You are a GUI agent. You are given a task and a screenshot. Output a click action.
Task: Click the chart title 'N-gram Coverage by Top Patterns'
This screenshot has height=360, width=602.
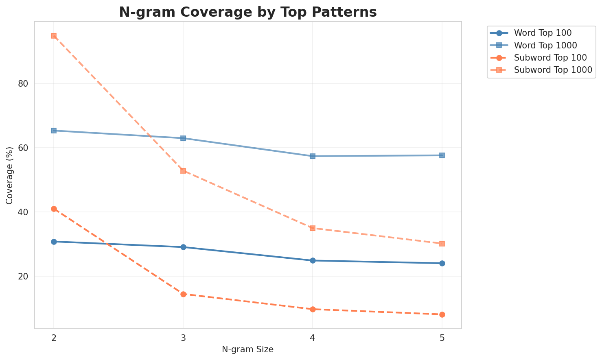tap(247, 12)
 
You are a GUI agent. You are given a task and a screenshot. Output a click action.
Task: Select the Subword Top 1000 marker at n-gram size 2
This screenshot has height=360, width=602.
tap(54, 36)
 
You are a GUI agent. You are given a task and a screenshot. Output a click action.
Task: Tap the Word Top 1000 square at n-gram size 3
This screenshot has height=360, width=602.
tap(183, 138)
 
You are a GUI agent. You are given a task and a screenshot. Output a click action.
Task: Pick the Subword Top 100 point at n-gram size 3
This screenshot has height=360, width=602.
tap(183, 294)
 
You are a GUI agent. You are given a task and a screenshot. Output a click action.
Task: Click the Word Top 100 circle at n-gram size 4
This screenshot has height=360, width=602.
tap(313, 260)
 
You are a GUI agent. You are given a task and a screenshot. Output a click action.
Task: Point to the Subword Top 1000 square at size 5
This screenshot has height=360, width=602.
tap(442, 244)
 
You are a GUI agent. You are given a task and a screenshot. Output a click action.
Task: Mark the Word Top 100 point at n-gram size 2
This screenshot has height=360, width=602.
tap(54, 242)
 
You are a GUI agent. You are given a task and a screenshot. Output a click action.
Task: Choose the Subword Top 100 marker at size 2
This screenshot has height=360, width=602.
tap(54, 209)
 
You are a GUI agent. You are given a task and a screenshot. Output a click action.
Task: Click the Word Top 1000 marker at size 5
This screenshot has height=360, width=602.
tap(442, 155)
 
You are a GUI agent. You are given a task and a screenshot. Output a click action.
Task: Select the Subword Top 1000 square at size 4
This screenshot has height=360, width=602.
tap(313, 228)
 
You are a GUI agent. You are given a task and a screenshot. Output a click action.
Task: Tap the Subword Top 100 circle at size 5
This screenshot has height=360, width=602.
tap(442, 314)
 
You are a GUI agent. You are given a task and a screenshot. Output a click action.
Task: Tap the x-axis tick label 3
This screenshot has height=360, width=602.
tap(183, 338)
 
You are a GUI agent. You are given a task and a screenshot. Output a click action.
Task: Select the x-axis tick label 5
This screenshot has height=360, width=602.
tap(442, 338)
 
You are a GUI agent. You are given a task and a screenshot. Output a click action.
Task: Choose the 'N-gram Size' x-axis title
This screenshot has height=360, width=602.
tap(247, 349)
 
